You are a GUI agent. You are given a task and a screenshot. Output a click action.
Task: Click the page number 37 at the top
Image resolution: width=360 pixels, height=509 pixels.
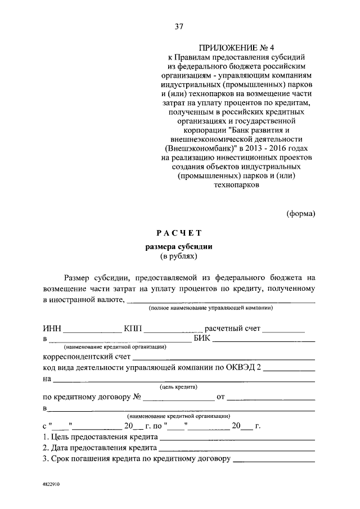pyautogui.click(x=179, y=26)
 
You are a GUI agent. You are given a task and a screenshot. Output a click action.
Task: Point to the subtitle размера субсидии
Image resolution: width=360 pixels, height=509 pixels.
pyautogui.click(x=178, y=246)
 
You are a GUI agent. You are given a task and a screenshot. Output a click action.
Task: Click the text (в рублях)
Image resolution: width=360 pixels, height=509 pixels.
pyautogui.click(x=178, y=256)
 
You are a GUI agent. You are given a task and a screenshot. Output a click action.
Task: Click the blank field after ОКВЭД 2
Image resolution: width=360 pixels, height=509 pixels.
pyautogui.click(x=289, y=369)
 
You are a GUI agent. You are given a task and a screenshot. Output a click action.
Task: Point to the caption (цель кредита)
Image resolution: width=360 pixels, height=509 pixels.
pyautogui.click(x=178, y=388)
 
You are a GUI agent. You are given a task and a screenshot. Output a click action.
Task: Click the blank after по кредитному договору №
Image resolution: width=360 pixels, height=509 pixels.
pyautogui.click(x=177, y=398)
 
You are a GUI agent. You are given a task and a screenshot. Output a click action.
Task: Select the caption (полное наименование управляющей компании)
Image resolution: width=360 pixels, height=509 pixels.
pyautogui.click(x=211, y=309)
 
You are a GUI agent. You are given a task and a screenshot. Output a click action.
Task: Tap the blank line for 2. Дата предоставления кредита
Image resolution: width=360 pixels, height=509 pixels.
pyautogui.click(x=237, y=449)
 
